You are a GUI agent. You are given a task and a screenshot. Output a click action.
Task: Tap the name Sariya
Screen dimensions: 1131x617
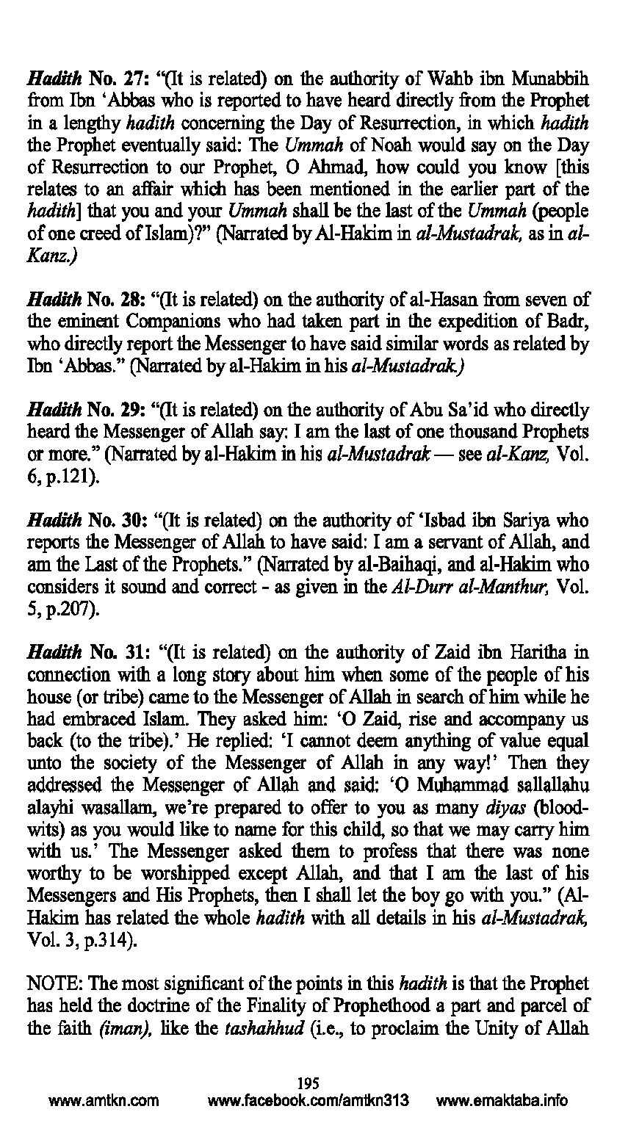pyautogui.click(x=535, y=521)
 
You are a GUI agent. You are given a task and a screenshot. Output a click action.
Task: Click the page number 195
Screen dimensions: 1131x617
pyautogui.click(x=308, y=1083)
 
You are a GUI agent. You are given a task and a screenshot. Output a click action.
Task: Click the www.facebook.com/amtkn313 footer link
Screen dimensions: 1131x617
pyautogui.click(x=308, y=1101)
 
